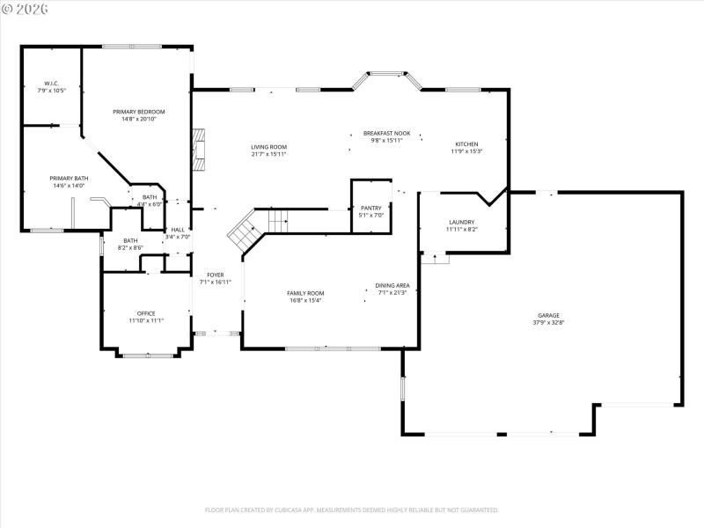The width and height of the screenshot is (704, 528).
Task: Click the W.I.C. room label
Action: coord(51,84)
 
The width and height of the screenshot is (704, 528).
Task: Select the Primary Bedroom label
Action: coord(139,112)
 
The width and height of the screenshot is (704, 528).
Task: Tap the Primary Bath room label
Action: coord(68,179)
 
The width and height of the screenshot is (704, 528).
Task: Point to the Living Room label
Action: coord(268,147)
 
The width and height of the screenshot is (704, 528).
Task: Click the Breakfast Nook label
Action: coord(387,133)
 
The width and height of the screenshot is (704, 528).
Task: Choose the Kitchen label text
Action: coord(466,143)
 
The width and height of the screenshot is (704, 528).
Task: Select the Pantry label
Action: coord(370,209)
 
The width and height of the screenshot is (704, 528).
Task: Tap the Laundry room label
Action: coord(462,222)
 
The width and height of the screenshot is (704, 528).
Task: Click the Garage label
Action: coord(549,315)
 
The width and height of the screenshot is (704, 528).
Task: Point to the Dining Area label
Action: coord(392,285)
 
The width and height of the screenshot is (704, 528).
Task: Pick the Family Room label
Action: coord(305,292)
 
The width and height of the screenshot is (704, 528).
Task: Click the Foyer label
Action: coord(215,275)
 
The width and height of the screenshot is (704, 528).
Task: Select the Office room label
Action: coord(146,313)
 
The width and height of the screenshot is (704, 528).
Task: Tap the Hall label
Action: coord(178,230)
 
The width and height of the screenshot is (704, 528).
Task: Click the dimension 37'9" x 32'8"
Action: coord(549,322)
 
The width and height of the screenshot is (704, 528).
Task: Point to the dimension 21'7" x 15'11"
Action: coord(268,154)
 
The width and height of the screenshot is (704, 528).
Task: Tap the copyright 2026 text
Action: coord(26,8)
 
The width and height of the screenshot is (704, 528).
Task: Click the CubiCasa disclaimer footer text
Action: coord(352,510)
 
